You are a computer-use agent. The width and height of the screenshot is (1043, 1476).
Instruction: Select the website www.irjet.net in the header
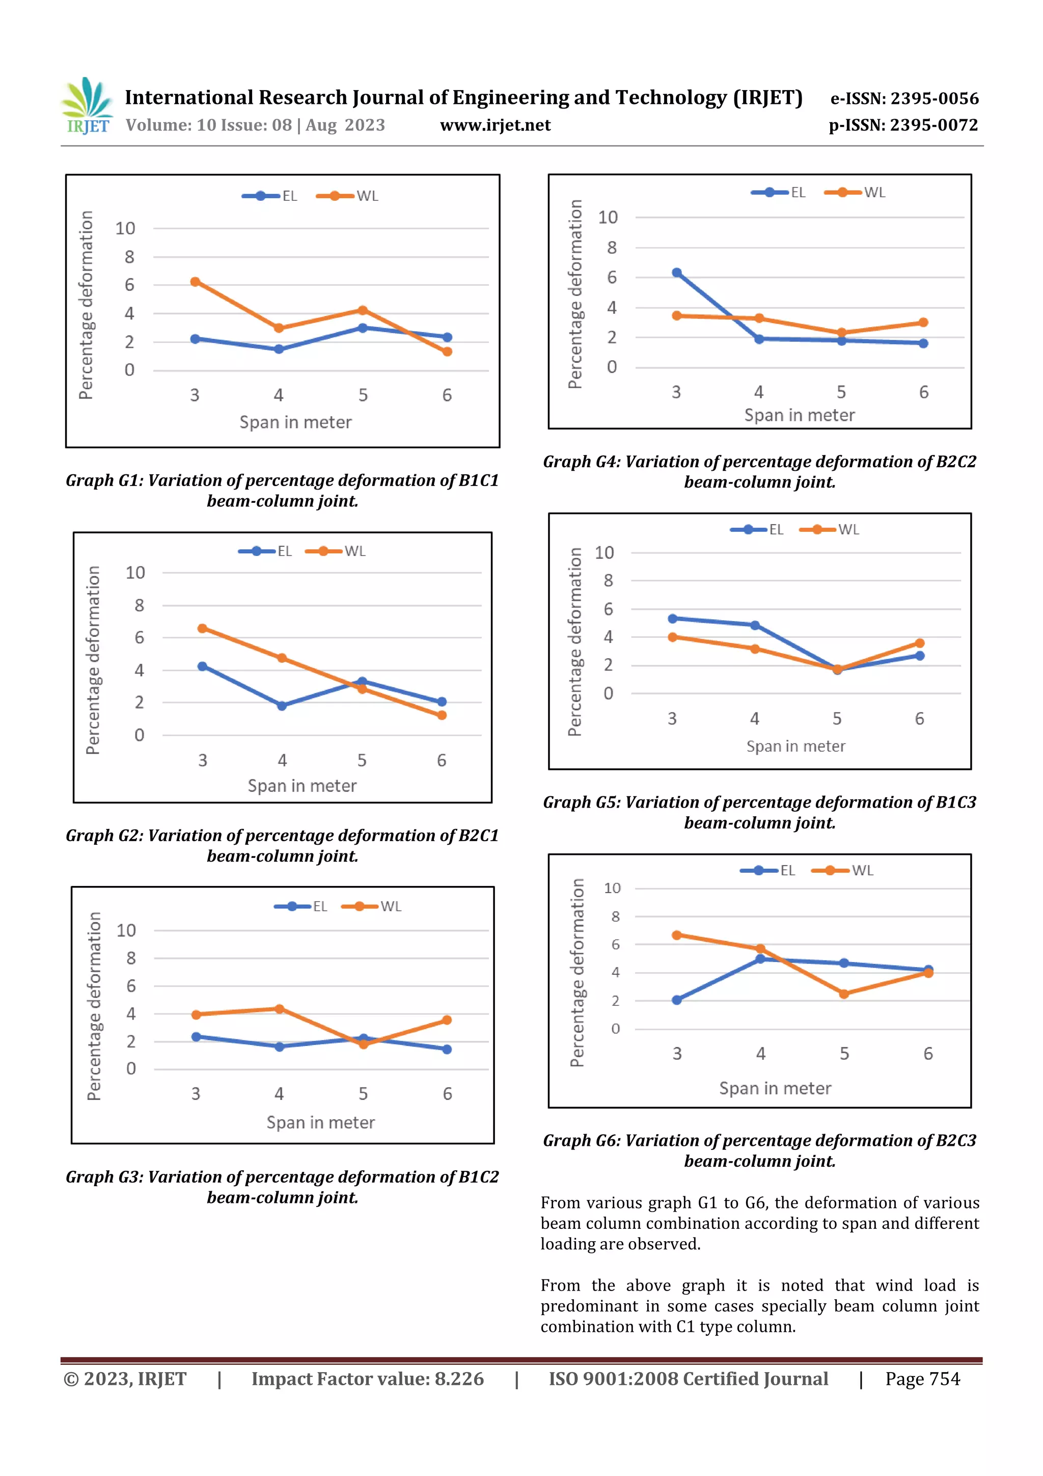[495, 125]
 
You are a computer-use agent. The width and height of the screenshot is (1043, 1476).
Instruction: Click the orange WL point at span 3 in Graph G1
[195, 282]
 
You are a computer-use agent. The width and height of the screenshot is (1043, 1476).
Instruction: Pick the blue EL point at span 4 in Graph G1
[279, 349]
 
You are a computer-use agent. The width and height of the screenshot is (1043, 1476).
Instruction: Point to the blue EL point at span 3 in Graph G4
[677, 273]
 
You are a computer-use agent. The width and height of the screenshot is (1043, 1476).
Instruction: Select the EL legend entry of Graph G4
[778, 192]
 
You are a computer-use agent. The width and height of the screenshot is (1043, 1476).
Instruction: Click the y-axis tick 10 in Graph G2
[135, 573]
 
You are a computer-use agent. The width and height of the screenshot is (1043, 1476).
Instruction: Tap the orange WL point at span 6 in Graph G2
[442, 715]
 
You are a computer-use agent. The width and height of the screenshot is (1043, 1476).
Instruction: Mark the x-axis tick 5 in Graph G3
[363, 1093]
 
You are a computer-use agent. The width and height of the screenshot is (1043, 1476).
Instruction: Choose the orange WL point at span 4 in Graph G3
[280, 1009]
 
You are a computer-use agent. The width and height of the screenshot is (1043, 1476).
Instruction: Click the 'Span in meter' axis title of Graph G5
[795, 746]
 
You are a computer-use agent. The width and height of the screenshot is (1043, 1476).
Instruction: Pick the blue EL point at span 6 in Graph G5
[920, 656]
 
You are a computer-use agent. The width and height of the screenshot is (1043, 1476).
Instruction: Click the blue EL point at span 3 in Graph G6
[677, 1000]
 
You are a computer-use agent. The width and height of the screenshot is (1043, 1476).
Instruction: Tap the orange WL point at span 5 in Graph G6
[844, 994]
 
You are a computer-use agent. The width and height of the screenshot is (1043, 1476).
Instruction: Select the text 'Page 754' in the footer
[922, 1379]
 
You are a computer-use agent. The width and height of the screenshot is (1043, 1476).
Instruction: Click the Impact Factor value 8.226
[459, 1379]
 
